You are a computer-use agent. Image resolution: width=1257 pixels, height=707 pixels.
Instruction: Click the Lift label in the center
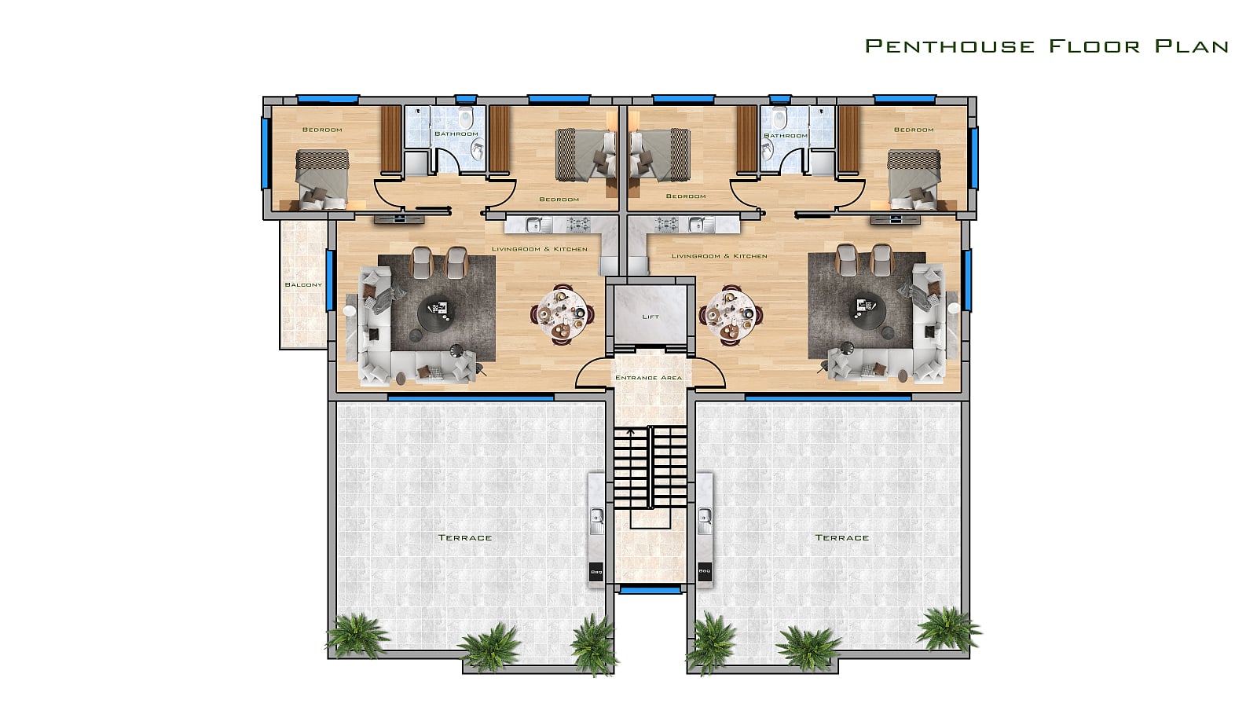[x=650, y=317]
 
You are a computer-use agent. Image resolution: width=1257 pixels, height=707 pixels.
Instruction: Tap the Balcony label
[x=303, y=285]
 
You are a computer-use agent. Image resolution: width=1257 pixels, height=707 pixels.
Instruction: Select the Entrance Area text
[x=649, y=378]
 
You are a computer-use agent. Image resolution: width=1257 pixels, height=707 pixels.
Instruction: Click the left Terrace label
[x=465, y=537]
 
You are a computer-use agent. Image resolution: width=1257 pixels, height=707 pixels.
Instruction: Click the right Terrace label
[x=842, y=537]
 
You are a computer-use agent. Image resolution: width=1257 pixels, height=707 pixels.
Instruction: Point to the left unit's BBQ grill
[x=596, y=571]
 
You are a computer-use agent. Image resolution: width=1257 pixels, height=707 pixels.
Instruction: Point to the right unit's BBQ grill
[x=704, y=571]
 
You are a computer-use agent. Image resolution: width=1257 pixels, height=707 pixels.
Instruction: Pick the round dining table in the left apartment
[x=562, y=314]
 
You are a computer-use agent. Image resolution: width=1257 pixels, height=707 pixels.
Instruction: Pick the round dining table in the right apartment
[x=731, y=314]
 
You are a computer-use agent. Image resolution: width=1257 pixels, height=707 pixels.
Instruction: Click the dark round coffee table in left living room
[x=436, y=313]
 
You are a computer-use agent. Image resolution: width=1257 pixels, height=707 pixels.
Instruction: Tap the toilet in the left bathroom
[x=466, y=119]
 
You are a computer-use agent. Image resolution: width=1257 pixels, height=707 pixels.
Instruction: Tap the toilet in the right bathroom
[x=779, y=119]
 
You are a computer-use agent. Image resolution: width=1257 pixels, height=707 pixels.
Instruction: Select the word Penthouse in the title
[x=950, y=46]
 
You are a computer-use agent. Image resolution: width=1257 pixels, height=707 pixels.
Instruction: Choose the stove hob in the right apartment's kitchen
[x=667, y=225]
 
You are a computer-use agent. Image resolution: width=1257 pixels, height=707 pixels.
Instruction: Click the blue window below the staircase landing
[x=650, y=590]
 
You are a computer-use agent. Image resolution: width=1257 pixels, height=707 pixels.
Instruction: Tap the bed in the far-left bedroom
[x=322, y=179]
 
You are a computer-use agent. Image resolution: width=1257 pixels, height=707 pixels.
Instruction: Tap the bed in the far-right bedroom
[x=914, y=179]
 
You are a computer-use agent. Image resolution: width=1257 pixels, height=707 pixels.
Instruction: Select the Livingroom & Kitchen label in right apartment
[x=720, y=256]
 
